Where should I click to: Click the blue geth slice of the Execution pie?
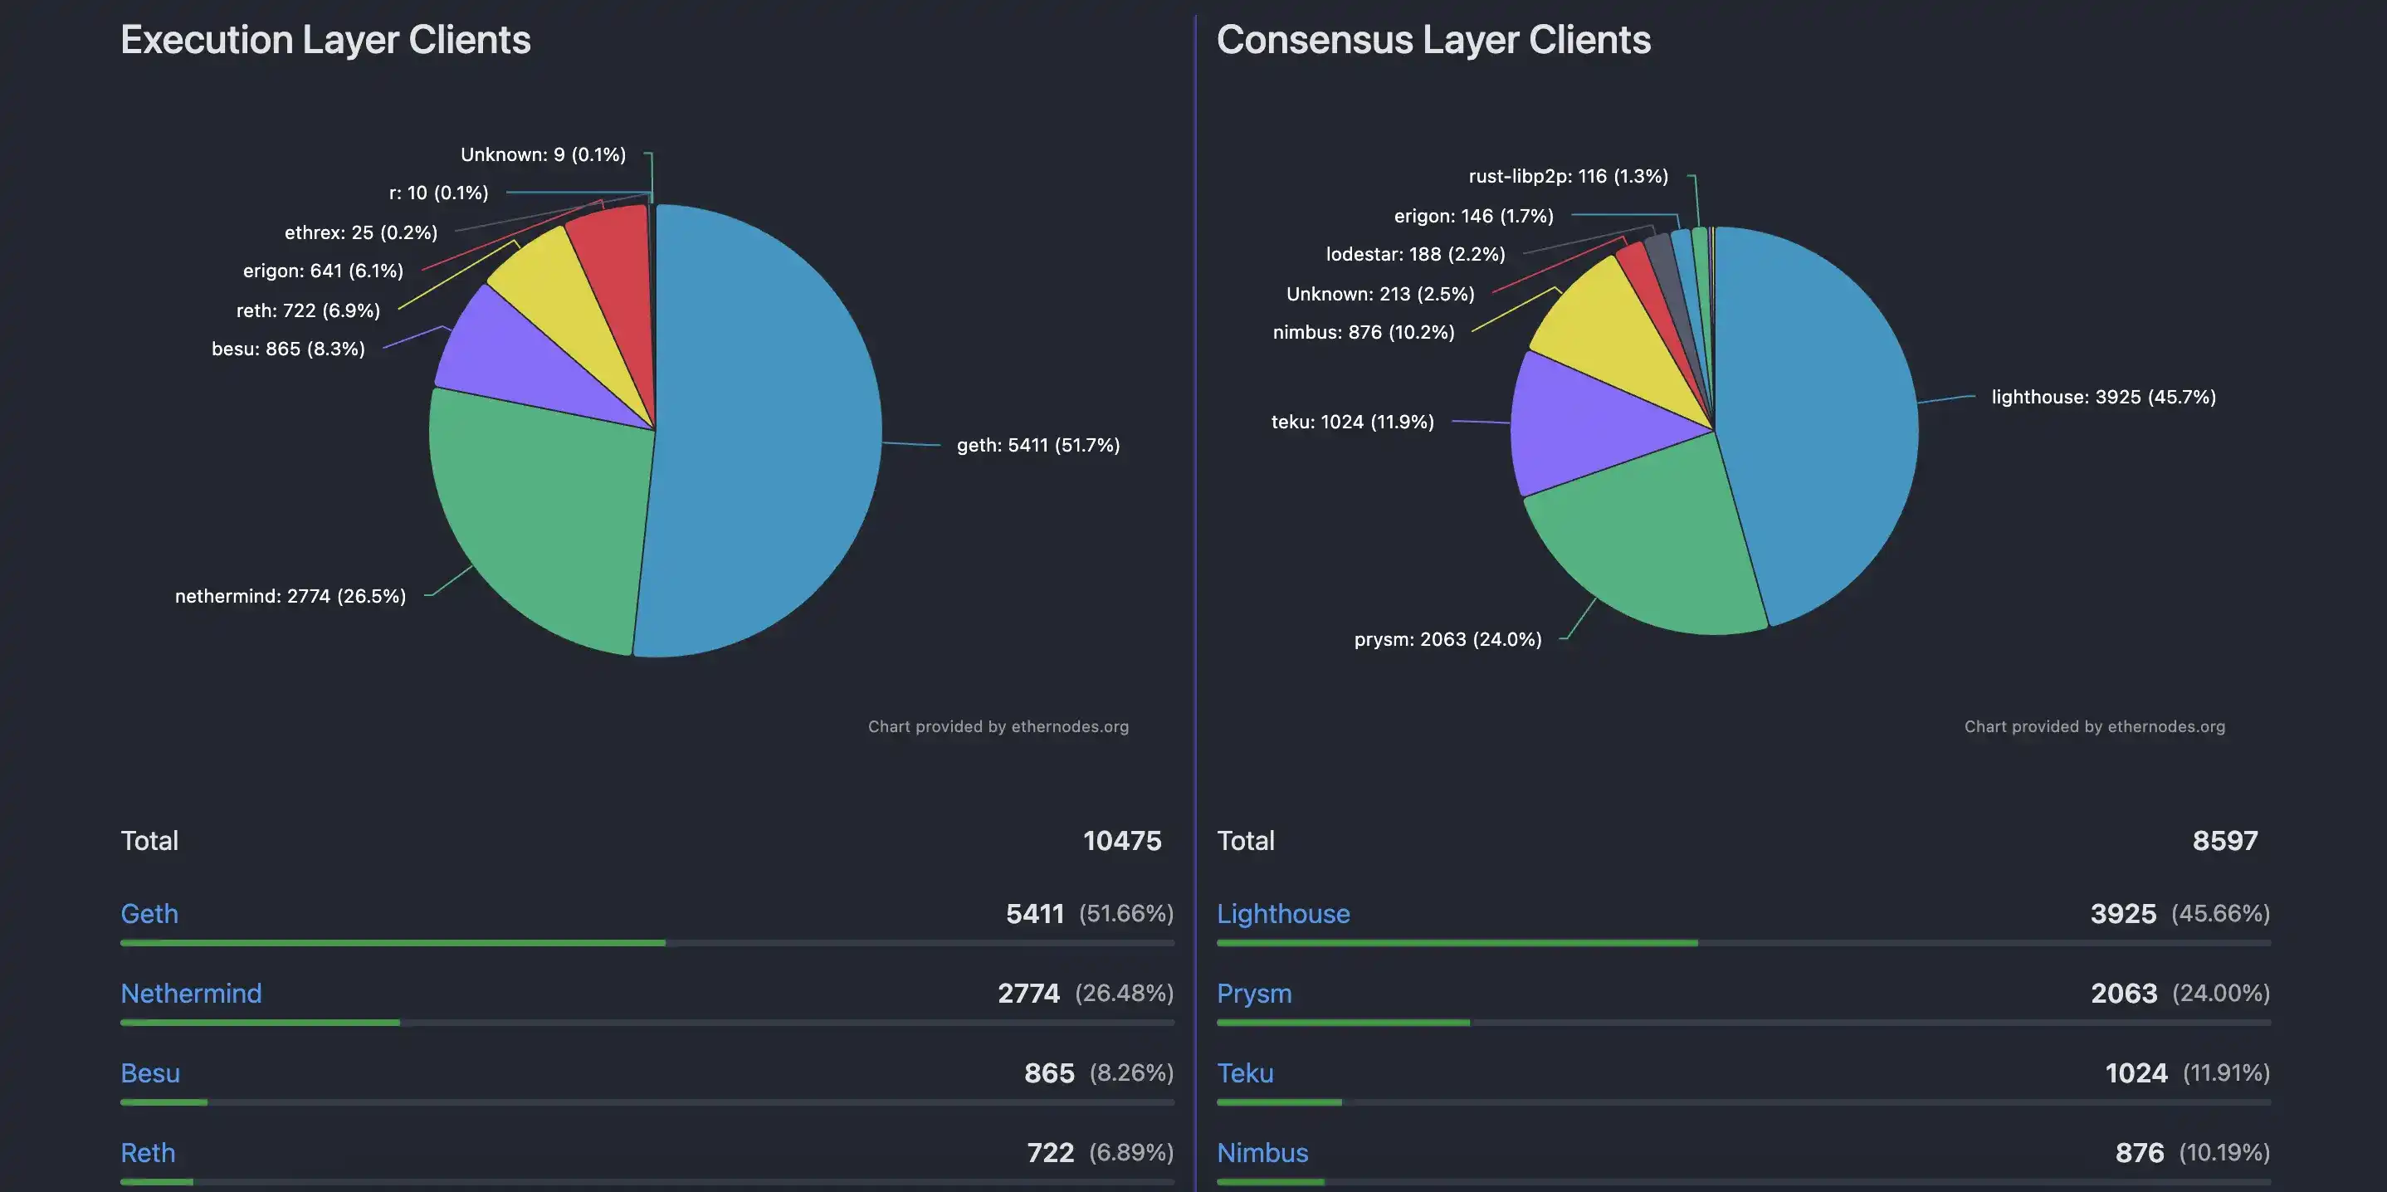(x=769, y=436)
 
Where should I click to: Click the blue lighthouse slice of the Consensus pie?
(x=1816, y=417)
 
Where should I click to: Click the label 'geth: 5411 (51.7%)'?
(x=1037, y=446)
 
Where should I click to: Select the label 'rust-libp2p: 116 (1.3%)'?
(x=1568, y=176)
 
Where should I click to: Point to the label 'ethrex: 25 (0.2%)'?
(x=360, y=232)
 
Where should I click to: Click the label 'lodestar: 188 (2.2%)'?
(x=1415, y=254)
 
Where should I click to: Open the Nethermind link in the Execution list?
(x=191, y=993)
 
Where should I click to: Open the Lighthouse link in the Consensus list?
(x=1282, y=913)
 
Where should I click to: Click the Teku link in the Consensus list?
(x=1244, y=1072)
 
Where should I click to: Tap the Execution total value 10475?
(x=1121, y=841)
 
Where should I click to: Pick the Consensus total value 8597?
(x=2224, y=841)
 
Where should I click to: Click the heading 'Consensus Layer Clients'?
(x=1433, y=40)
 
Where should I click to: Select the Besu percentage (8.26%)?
(x=1130, y=1072)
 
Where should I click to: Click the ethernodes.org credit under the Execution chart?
(x=998, y=726)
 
